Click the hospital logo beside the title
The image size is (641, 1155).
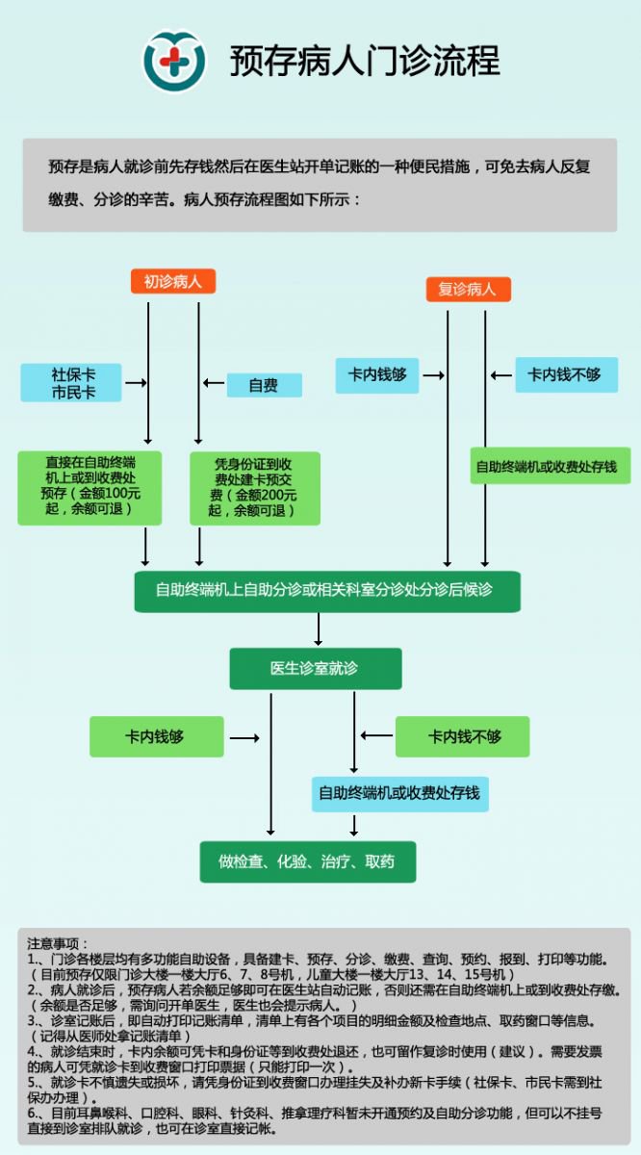point(175,61)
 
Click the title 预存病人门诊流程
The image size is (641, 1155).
point(365,61)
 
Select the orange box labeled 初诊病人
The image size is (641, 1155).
point(173,281)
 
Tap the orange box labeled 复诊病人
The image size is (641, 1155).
point(468,289)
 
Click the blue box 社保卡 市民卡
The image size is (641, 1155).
point(72,382)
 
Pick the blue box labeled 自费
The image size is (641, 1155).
point(264,385)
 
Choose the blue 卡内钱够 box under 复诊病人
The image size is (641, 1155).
point(377,374)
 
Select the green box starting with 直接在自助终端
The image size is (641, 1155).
point(90,486)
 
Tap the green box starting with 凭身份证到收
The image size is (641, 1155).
point(254,486)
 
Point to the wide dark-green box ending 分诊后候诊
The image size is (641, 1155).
point(327,590)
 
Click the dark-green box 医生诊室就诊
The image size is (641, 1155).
point(315,668)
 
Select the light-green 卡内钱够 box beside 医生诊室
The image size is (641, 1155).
point(156,736)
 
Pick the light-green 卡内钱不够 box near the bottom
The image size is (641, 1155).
point(464,736)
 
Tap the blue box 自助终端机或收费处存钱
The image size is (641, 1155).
point(399,794)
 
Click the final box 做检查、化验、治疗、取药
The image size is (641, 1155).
point(307,861)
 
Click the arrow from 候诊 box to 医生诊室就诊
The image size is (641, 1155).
point(319,629)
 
